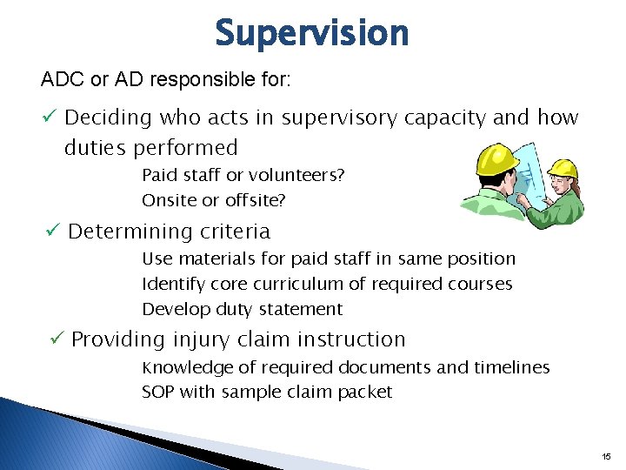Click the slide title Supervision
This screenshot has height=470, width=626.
click(311, 34)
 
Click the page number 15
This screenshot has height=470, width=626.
click(605, 456)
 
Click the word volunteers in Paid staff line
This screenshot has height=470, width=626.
click(303, 175)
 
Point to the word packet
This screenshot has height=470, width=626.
click(365, 392)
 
